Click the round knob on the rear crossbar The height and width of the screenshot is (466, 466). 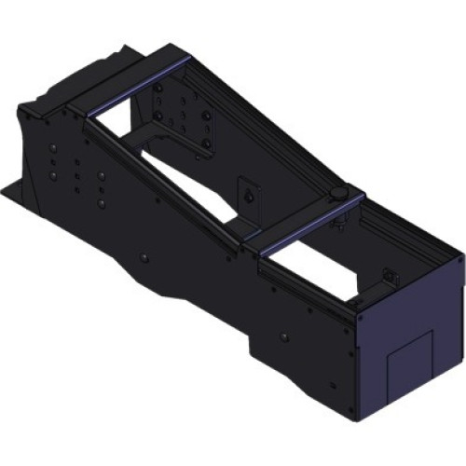tap(338, 192)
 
